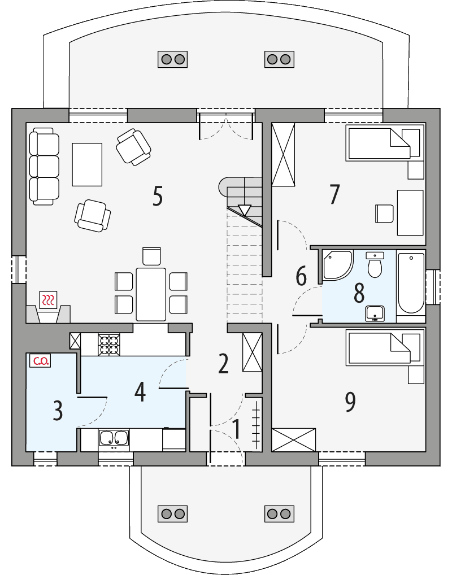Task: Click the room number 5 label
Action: [x=158, y=196]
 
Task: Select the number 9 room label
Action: [x=350, y=402]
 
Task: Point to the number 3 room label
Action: [x=58, y=411]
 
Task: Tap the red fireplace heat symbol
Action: [x=48, y=299]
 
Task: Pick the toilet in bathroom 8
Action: [x=374, y=265]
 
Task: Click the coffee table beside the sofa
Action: [x=87, y=164]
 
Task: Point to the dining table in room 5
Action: [x=151, y=294]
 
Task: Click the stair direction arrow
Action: [x=244, y=210]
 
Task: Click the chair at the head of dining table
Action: [x=152, y=256]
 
